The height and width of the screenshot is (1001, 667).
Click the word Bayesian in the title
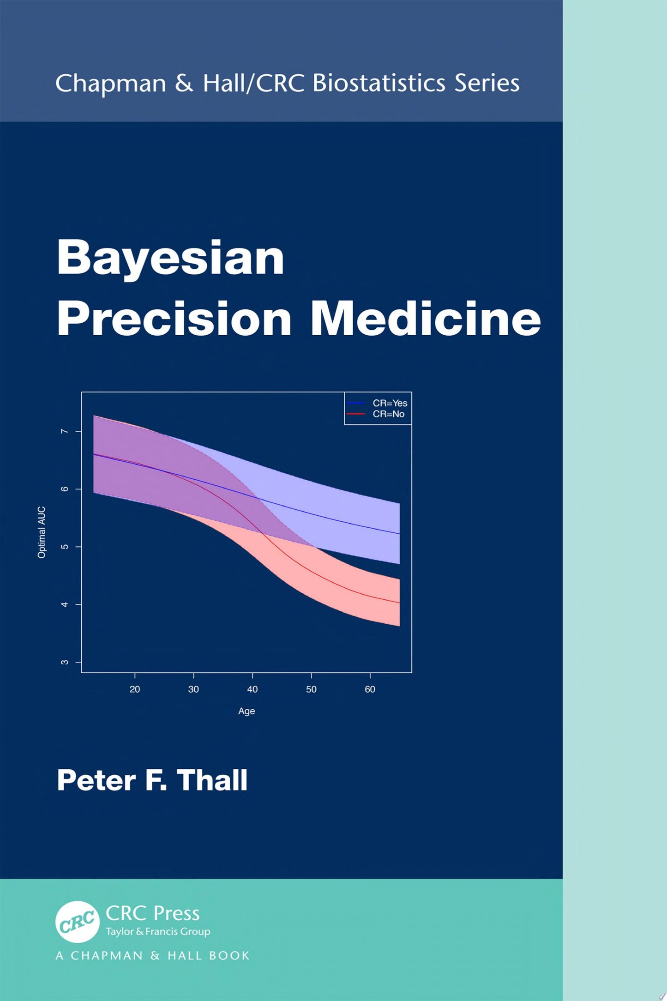tap(170, 259)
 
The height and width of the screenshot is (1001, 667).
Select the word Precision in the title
tap(174, 319)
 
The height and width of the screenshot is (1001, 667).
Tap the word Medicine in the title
tap(425, 319)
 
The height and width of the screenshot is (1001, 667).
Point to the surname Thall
tap(212, 781)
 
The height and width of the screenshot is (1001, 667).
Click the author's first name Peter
tap(96, 781)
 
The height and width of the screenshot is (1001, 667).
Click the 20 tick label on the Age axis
tap(135, 689)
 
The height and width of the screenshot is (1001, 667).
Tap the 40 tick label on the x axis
tap(252, 689)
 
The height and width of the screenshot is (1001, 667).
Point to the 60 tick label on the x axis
tap(370, 689)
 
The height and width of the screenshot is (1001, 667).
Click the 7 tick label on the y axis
tap(65, 431)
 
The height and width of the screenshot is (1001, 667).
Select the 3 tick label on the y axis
tap(65, 662)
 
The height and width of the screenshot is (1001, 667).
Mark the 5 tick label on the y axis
tap(65, 547)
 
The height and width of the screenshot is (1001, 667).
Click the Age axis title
tap(246, 711)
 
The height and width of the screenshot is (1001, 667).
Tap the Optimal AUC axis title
tap(42, 532)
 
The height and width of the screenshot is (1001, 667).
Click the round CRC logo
tap(78, 922)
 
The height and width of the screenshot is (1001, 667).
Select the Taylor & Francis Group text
tap(158, 932)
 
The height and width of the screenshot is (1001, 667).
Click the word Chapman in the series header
tap(110, 84)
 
